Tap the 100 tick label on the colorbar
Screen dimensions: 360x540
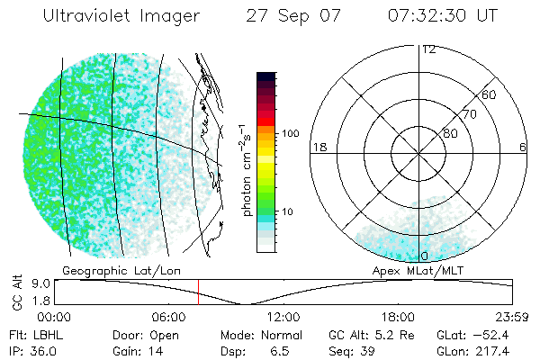click(290, 133)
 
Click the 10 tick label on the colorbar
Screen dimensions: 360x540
click(288, 211)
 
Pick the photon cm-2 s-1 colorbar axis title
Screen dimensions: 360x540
click(246, 169)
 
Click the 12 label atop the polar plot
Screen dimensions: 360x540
click(428, 49)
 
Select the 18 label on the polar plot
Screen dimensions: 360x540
click(318, 147)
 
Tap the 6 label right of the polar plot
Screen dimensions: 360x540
click(523, 147)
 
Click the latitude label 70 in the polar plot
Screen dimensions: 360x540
click(468, 114)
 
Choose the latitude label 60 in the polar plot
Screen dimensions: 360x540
click(489, 94)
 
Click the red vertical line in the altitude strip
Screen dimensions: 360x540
click(199, 292)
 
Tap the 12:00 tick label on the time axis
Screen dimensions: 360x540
click(284, 317)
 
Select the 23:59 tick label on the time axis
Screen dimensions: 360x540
click(512, 317)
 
